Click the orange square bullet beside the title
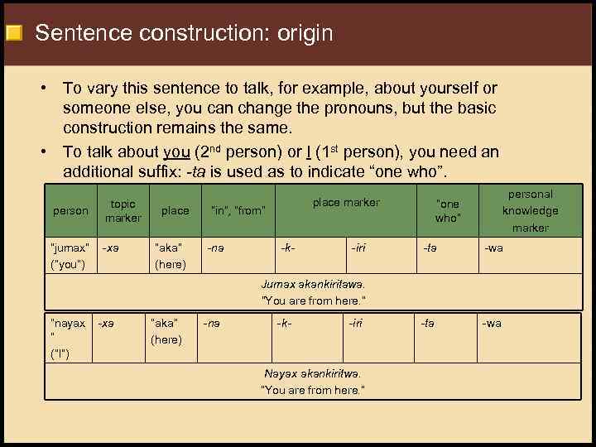point(13,35)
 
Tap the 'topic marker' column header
point(123,210)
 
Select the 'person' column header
point(70,210)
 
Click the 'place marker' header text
point(346,202)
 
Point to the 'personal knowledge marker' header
point(531,210)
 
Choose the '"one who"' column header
point(447,210)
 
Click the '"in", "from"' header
point(238,210)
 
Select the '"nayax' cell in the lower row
point(68,324)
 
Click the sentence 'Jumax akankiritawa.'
point(313,284)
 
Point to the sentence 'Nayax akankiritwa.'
point(313,373)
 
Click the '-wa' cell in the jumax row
point(493,247)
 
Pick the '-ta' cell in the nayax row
point(427,324)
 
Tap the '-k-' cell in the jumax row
point(287,247)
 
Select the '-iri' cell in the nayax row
point(357,324)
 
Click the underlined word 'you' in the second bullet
point(178,152)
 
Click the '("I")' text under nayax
point(60,355)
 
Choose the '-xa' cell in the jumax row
point(108,247)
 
